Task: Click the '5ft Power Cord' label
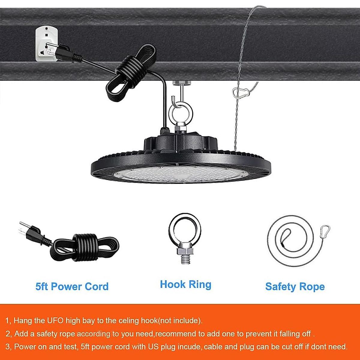tap(72, 286)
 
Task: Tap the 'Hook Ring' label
tap(185, 284)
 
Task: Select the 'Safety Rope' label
tap(295, 286)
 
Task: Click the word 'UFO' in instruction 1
tap(55, 320)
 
